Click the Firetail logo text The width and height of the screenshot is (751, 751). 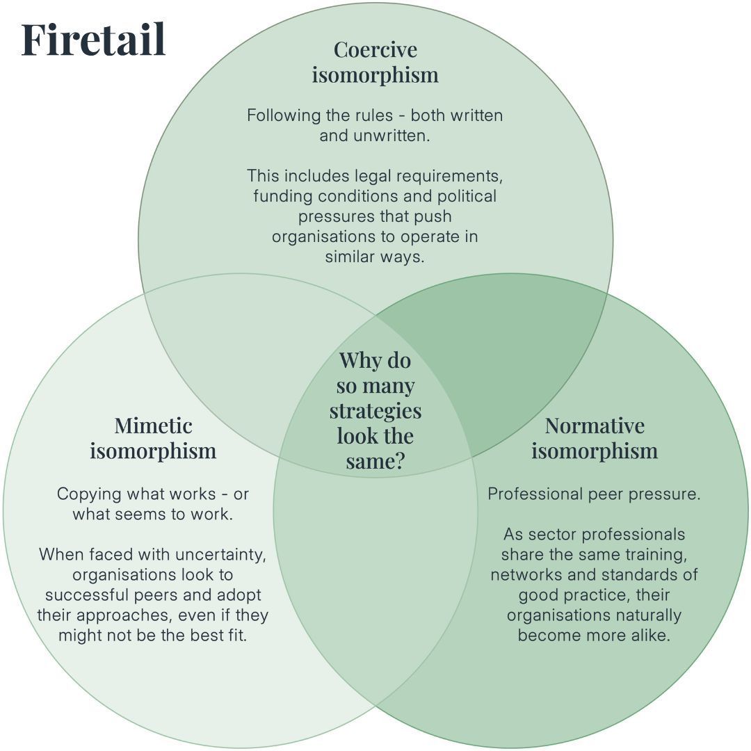[93, 40]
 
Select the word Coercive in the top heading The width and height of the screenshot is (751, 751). [375, 50]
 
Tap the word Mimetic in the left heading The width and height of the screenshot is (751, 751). [153, 426]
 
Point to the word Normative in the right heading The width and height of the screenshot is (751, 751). [595, 426]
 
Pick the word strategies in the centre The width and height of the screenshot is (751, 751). [375, 410]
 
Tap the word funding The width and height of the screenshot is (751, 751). [282, 196]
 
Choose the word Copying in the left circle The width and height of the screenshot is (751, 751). [87, 494]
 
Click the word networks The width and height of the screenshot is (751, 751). [522, 575]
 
